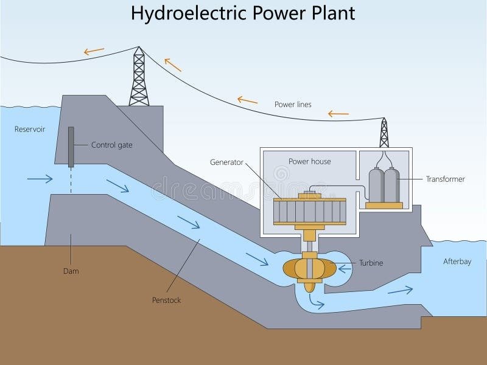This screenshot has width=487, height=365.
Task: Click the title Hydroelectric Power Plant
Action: tap(243, 13)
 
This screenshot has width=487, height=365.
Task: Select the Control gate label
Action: tap(111, 145)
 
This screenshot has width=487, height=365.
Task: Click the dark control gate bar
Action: tap(72, 147)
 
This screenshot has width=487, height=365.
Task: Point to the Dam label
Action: tap(71, 271)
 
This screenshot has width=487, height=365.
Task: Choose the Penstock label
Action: tap(166, 300)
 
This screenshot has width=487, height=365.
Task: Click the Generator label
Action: tap(226, 162)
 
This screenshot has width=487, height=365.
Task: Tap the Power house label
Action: tap(309, 161)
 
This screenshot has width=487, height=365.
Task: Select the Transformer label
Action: tap(446, 179)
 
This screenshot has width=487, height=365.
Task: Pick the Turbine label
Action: tap(371, 263)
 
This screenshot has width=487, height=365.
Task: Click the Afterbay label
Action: tap(457, 261)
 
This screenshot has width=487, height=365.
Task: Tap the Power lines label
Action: tap(292, 104)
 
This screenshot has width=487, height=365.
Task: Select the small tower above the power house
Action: tap(384, 133)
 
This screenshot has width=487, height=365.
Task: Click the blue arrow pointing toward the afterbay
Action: tap(400, 290)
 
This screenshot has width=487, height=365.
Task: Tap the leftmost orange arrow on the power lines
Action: tap(94, 52)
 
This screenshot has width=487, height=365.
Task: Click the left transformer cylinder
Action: tap(377, 186)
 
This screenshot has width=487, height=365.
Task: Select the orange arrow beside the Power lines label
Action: tap(247, 99)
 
